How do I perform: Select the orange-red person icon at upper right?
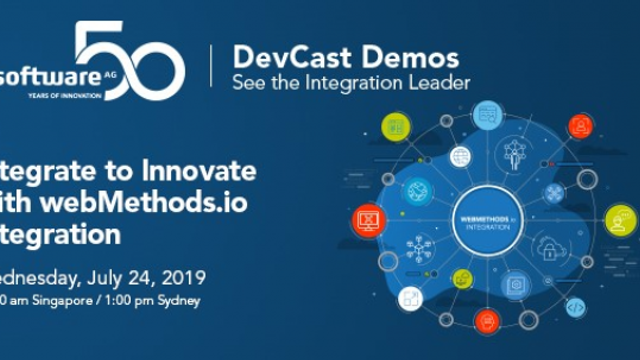(579, 125)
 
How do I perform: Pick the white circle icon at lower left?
(408, 298)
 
